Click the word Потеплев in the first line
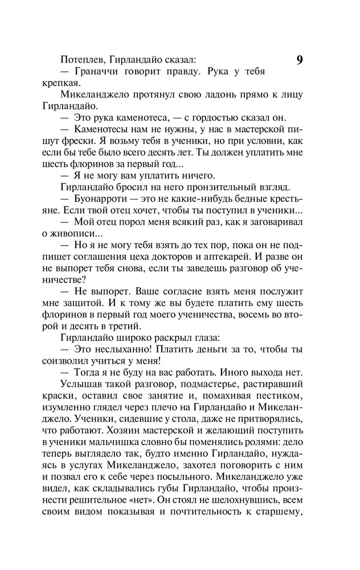coord(81,59)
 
